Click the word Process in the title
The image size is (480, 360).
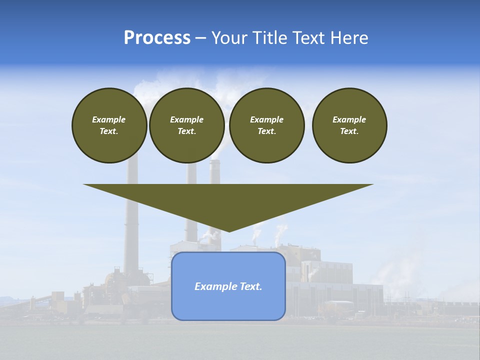(x=157, y=38)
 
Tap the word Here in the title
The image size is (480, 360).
(x=349, y=38)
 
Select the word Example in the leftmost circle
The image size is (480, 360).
(x=109, y=119)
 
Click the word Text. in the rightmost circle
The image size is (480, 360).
(x=349, y=131)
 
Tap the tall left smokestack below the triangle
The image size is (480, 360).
(x=131, y=250)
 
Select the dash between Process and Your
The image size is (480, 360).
(x=200, y=38)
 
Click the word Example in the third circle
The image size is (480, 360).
(x=266, y=119)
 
